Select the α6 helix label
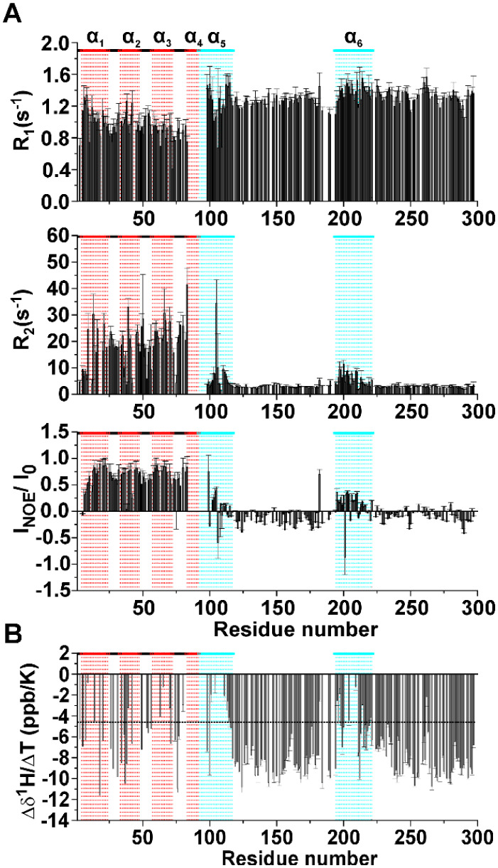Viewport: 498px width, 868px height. point(352,36)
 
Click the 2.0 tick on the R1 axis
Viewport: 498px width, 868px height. point(58,44)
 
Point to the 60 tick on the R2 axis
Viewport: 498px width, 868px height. point(63,237)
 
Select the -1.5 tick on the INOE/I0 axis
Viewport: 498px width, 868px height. point(55,590)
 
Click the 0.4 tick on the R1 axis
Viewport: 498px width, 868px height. point(58,171)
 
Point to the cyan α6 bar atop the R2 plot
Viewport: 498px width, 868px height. point(353,236)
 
